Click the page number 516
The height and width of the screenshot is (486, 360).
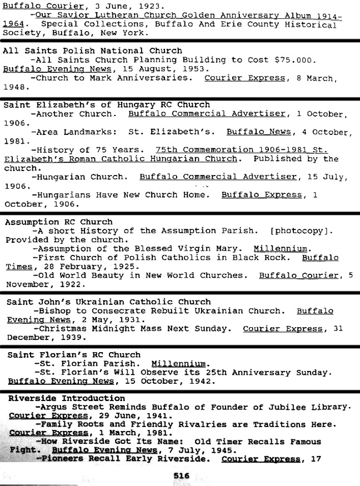pyautogui.click(x=181, y=475)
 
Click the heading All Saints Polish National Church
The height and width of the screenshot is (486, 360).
pyautogui.click(x=92, y=50)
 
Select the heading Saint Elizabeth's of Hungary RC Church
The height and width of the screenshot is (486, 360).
pyautogui.click(x=107, y=104)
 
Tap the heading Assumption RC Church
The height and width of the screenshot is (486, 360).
pyautogui.click(x=58, y=222)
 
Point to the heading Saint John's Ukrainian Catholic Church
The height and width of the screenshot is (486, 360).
pyautogui.click(x=108, y=302)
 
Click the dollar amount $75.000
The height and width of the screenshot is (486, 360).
pyautogui.click(x=296, y=60)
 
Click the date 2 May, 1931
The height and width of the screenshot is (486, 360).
pyautogui.click(x=107, y=320)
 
